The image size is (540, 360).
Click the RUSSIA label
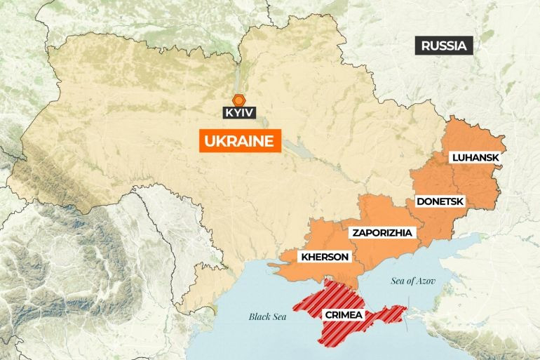(444, 46)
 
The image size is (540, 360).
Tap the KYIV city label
(239, 112)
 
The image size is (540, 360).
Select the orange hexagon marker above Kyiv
(239, 99)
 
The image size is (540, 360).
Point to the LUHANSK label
(475, 158)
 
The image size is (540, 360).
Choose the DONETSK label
(440, 201)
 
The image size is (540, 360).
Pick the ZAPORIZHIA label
(383, 232)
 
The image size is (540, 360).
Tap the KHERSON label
(324, 257)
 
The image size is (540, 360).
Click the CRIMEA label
(344, 315)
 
